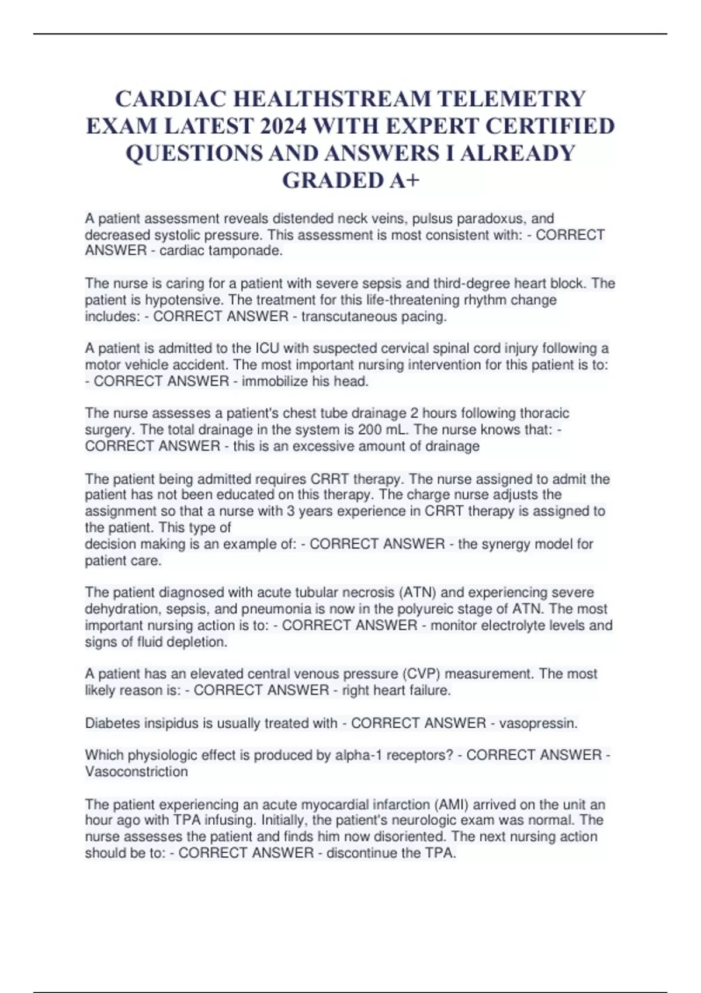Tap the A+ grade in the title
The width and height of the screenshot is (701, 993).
[404, 180]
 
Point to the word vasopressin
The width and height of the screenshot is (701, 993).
[537, 723]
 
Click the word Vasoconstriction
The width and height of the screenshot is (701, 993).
[136, 772]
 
